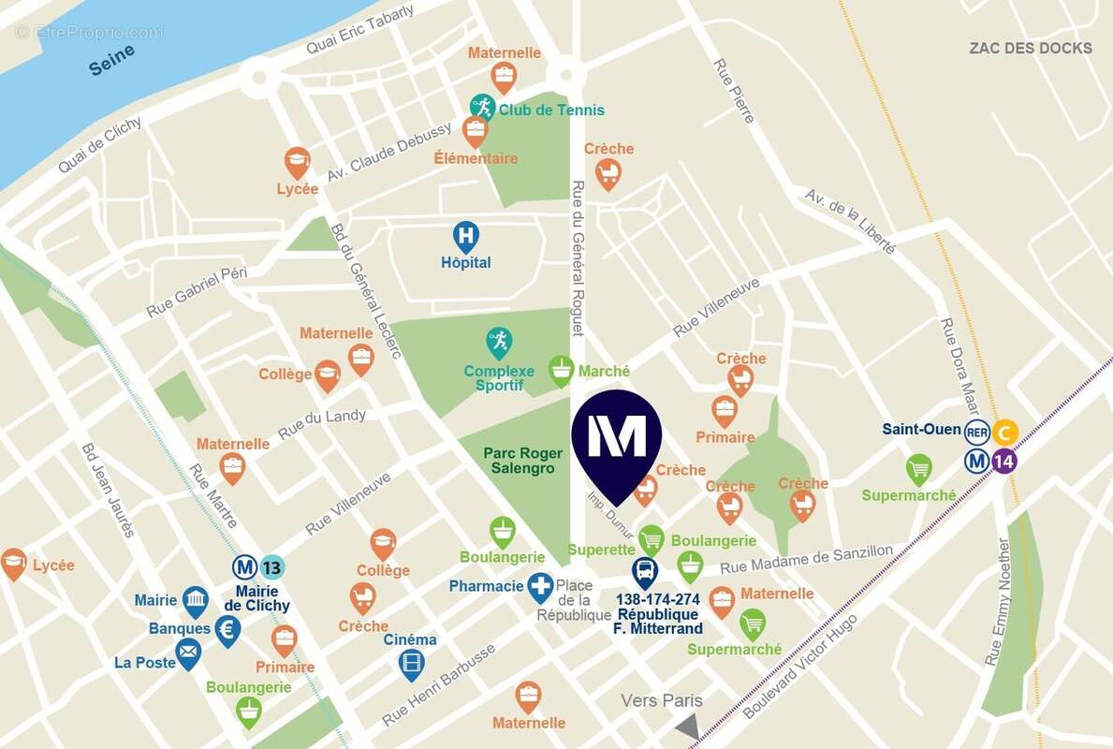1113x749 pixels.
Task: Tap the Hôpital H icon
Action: click(465, 234)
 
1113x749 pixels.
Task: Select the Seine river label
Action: click(112, 60)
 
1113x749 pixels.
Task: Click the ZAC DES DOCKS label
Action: click(1030, 48)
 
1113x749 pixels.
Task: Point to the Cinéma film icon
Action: click(412, 663)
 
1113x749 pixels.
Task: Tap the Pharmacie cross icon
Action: click(540, 587)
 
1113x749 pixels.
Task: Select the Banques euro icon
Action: click(227, 629)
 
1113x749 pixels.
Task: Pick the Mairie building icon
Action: click(195, 600)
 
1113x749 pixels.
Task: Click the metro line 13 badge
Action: click(271, 566)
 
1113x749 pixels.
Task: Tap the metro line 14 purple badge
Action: click(1003, 460)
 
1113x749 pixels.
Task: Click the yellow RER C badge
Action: click(1004, 432)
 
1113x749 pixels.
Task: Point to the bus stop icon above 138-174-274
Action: click(645, 570)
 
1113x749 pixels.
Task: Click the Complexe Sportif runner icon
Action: click(499, 341)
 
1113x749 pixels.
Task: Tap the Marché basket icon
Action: click(561, 370)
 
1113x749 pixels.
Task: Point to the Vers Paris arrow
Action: click(688, 727)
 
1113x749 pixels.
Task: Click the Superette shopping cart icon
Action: click(652, 537)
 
